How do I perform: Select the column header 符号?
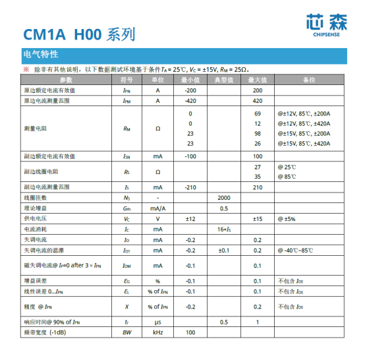point(126,79)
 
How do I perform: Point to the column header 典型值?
point(224,79)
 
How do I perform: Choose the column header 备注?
point(308,79)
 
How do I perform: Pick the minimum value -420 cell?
point(191,101)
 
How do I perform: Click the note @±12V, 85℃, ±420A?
point(304,124)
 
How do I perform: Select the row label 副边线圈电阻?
point(42,171)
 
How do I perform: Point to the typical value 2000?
point(224,198)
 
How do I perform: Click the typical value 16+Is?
point(224,229)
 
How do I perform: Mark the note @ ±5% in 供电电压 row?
point(287,218)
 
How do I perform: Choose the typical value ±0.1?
point(224,251)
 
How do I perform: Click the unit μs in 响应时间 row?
point(158,322)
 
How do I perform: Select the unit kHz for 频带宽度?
point(158,332)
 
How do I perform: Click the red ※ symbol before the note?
point(26,69)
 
